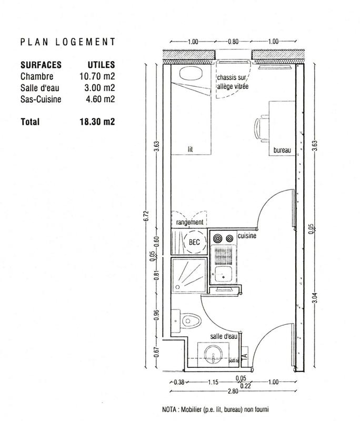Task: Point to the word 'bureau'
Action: (x=282, y=151)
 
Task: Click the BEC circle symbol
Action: (x=195, y=243)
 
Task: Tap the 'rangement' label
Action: (x=189, y=223)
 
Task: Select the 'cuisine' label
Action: (x=246, y=236)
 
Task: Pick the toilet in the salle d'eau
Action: (x=188, y=320)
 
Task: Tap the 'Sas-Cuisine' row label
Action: (x=39, y=98)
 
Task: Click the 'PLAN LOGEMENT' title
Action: (x=67, y=42)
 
